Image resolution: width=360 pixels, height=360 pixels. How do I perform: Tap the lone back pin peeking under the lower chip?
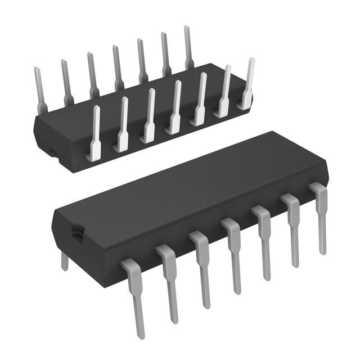[64, 260]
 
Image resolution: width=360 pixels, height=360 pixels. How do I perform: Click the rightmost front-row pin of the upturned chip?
[247, 84]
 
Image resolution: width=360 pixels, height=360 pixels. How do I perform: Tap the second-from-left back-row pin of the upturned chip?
[66, 82]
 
